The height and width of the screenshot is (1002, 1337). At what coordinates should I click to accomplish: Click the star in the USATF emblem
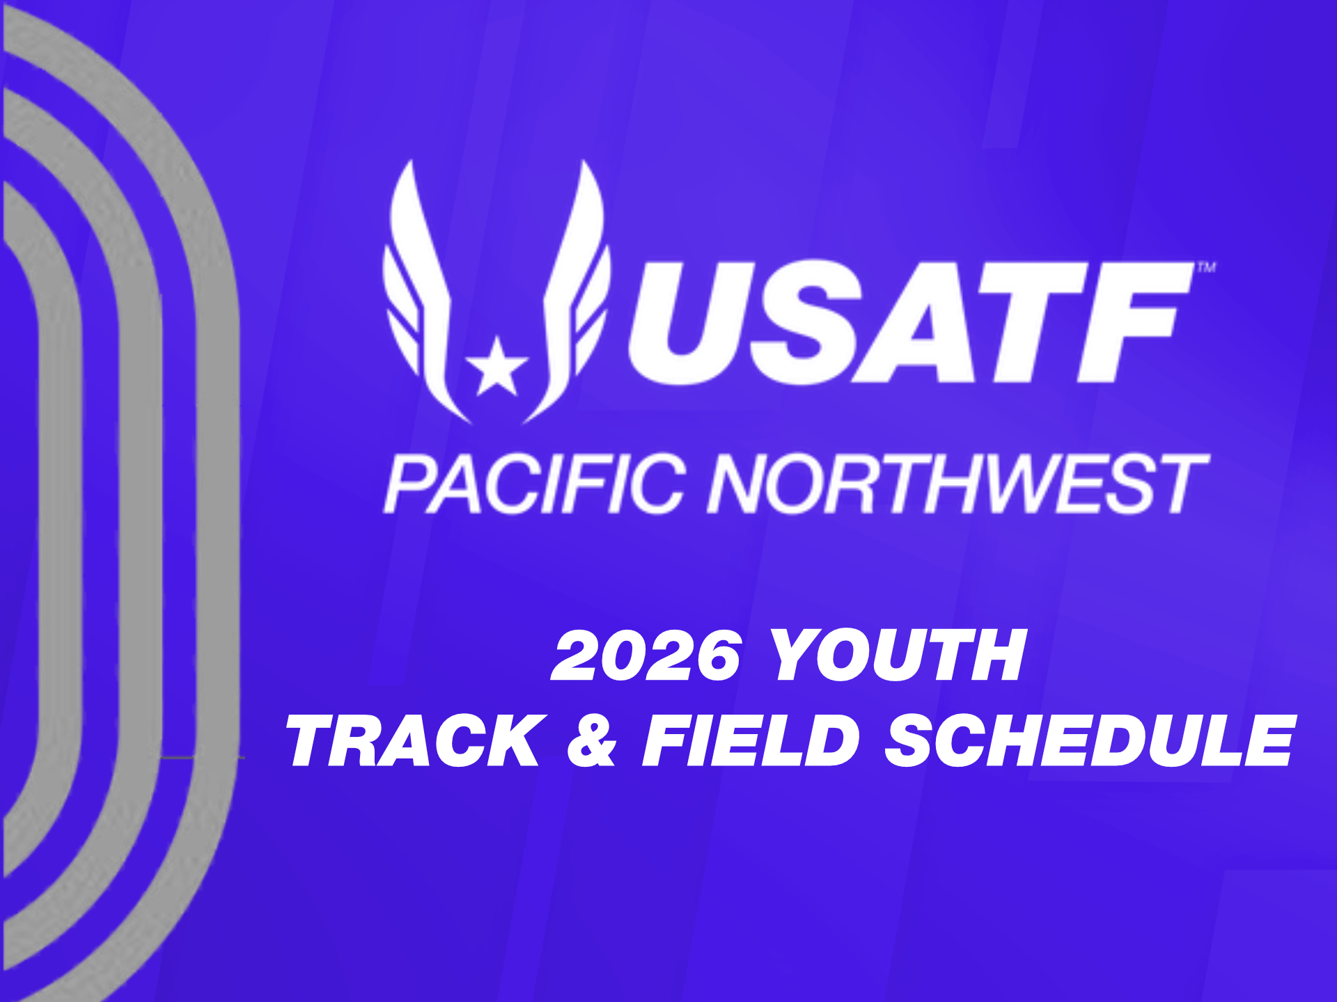click(497, 367)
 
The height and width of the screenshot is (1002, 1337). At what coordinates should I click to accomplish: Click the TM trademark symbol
click(1207, 267)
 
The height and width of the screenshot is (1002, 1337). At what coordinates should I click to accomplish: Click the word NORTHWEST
click(958, 484)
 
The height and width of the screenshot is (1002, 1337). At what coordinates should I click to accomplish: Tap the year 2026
click(645, 655)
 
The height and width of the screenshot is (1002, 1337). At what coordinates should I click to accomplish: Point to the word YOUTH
click(899, 655)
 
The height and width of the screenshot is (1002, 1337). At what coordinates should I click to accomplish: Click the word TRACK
click(416, 740)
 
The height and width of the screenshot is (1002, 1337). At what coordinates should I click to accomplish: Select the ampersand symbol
click(593, 740)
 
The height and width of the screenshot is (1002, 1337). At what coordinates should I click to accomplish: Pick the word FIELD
click(751, 740)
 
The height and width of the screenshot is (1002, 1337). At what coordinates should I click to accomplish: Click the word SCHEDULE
click(1090, 740)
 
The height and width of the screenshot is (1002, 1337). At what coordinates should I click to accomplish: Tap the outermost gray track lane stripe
click(219, 501)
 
